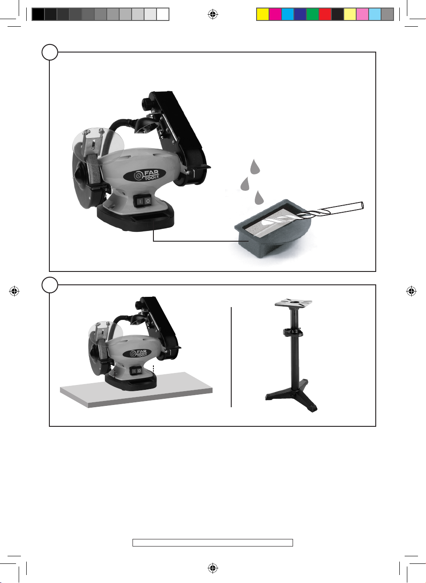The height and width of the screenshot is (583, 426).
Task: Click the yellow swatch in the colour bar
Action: coord(263,14)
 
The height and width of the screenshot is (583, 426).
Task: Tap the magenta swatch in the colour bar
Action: coord(275,14)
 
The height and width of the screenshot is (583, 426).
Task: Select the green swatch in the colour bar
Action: coord(313,14)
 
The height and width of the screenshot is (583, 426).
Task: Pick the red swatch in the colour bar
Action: coord(325,14)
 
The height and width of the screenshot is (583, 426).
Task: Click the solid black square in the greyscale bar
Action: coord(38,14)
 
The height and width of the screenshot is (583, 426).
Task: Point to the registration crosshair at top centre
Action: coord(213,14)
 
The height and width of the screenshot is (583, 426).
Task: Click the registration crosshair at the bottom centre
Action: coord(213,568)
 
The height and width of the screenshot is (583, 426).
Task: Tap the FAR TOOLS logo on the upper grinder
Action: coord(145,174)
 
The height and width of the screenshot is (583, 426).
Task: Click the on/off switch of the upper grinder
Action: coord(143,201)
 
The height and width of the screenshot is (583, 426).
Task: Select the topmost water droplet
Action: coord(255,166)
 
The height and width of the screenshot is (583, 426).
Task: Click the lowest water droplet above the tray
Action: coord(258,198)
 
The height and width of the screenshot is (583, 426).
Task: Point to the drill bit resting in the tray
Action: coord(330,211)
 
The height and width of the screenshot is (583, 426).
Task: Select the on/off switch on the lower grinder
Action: coord(136,371)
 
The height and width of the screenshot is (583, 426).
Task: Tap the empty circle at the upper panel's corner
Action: coord(50,52)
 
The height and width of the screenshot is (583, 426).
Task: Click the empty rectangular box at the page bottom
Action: coord(213,543)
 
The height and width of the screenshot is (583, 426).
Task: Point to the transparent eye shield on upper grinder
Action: coord(98,146)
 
